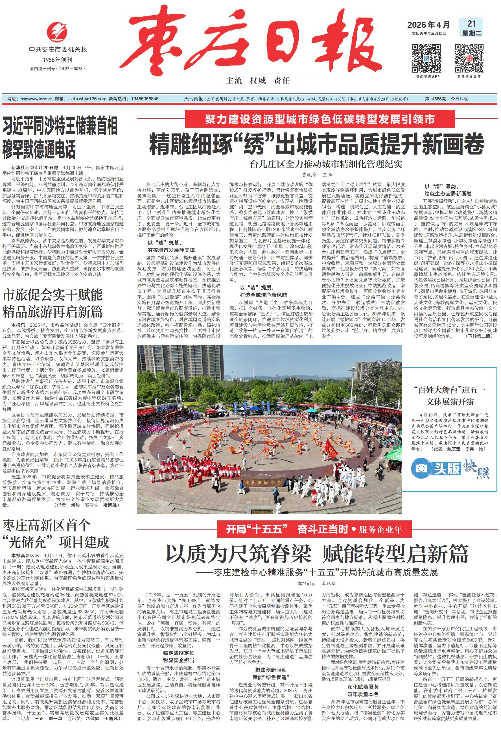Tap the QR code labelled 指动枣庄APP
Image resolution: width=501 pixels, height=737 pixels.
[426, 58]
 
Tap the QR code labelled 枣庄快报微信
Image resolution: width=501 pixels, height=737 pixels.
[469, 58]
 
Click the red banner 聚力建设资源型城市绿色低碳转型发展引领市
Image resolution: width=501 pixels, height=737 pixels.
[320, 119]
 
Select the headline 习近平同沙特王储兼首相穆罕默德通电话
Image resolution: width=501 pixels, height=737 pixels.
[60, 138]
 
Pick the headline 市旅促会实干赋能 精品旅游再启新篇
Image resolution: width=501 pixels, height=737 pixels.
[52, 304]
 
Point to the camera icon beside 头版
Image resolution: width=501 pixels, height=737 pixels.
[421, 468]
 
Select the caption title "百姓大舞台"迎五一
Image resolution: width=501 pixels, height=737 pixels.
[450, 390]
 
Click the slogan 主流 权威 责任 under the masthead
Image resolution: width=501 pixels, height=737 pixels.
[258, 80]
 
